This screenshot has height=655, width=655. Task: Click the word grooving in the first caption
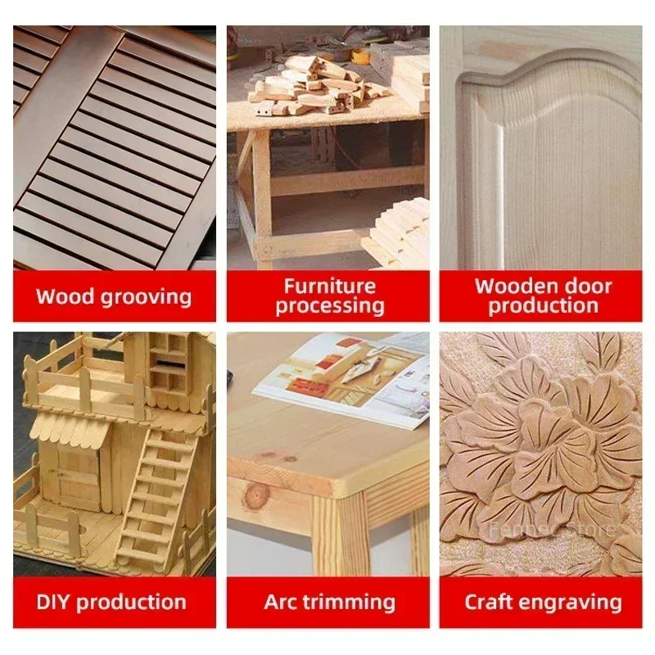click(x=147, y=297)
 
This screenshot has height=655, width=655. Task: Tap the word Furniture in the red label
click(x=330, y=287)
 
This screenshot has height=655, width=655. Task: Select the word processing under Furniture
click(x=330, y=306)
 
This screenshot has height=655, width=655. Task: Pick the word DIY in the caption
click(x=53, y=602)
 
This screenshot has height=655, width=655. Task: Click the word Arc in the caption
click(x=281, y=602)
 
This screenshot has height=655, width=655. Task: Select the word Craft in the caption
click(x=489, y=602)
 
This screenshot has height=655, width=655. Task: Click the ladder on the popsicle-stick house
click(x=156, y=497)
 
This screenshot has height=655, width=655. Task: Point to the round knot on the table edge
click(x=254, y=495)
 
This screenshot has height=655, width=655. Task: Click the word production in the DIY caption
click(x=131, y=603)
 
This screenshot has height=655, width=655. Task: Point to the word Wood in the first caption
click(x=65, y=296)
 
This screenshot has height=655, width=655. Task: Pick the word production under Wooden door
click(x=544, y=306)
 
